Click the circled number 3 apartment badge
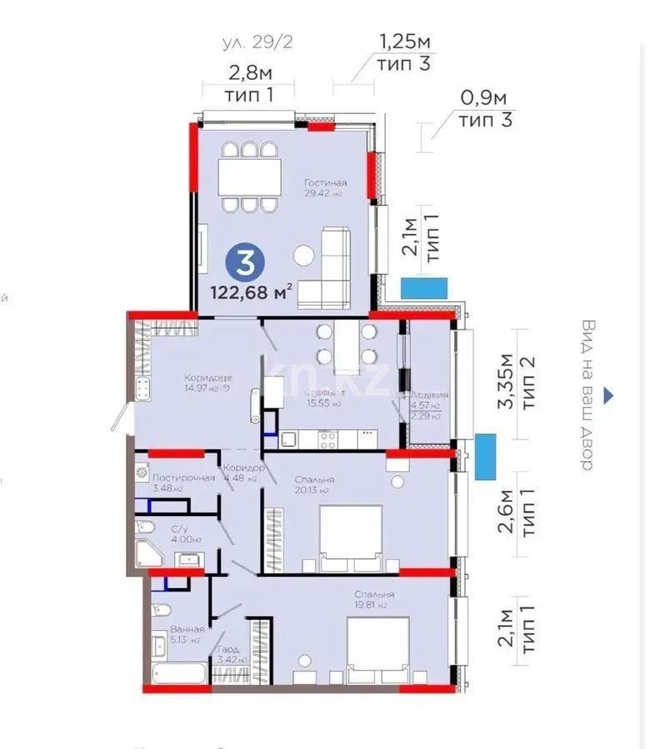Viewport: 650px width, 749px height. pos(246,262)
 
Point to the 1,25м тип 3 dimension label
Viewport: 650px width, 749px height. pos(405,52)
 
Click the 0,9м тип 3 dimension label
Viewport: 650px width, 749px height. pos(484,109)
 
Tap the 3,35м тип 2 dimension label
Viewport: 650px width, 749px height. pos(516,384)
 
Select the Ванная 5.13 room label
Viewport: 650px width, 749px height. pos(186,634)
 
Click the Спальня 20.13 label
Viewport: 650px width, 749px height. pos(315,484)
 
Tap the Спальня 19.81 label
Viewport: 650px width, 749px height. pos(372,600)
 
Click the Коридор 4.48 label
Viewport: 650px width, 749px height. pos(243,473)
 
